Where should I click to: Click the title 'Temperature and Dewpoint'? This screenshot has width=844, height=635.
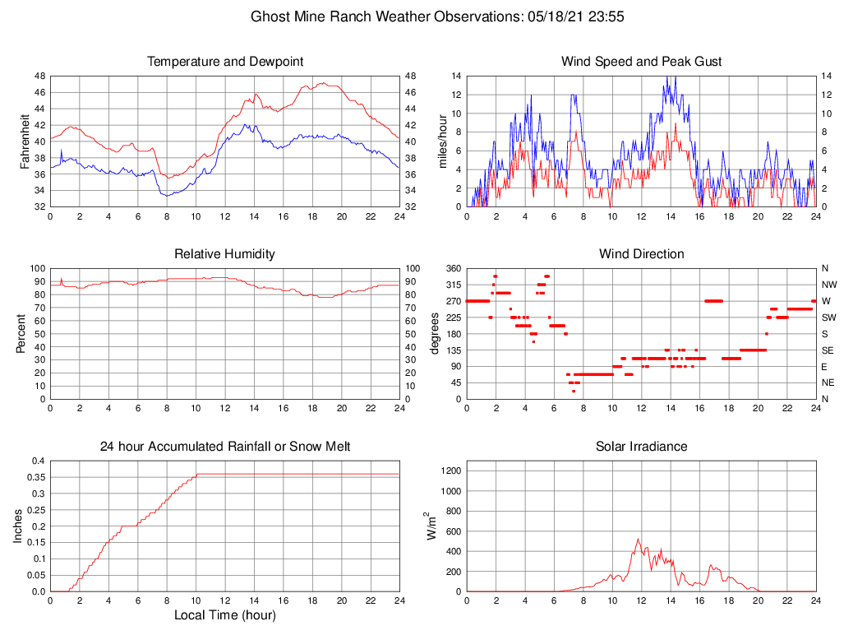224,62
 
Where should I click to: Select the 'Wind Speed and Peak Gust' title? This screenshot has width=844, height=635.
641,62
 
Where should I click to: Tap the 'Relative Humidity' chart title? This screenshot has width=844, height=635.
224,254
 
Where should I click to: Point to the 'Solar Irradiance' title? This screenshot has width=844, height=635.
641,447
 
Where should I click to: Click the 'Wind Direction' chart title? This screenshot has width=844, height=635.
641,254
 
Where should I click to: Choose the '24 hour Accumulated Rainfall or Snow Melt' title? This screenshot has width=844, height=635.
224,447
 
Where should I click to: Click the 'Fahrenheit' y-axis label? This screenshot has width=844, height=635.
25,141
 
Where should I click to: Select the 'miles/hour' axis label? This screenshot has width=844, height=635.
443,141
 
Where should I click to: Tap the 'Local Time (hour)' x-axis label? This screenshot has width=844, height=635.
224,614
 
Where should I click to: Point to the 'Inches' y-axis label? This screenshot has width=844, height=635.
18,526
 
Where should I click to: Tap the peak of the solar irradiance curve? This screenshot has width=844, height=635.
639,540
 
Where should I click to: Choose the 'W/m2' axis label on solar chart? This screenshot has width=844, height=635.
431,526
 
